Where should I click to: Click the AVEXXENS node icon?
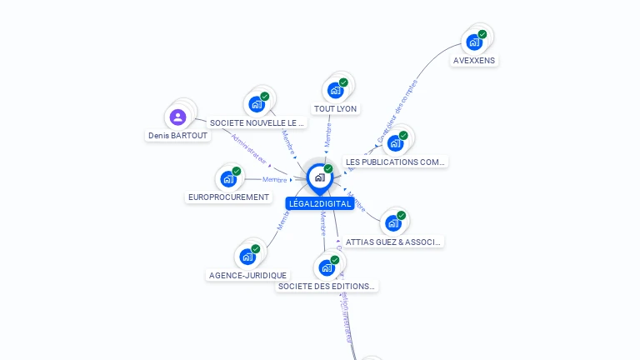(474, 42)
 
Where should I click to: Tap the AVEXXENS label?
(474, 61)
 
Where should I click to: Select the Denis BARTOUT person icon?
(177, 117)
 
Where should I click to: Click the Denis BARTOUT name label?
(178, 135)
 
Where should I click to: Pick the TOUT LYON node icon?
(336, 90)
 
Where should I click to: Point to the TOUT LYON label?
(336, 109)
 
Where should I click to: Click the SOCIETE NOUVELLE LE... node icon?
(257, 104)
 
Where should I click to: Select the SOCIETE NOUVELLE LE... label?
(257, 122)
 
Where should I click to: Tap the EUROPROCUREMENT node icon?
(228, 178)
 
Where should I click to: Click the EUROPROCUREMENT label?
(229, 197)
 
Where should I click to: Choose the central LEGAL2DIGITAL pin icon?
(319, 177)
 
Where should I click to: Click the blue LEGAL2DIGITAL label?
(319, 204)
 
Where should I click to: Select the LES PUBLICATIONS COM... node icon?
(395, 142)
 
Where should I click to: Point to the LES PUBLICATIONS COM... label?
(396, 162)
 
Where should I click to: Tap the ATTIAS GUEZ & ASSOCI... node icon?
(393, 222)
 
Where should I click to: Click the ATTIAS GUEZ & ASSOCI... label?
(393, 242)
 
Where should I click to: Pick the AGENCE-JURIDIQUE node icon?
(247, 257)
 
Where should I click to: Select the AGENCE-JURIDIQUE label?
(247, 275)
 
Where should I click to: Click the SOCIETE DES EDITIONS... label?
(327, 286)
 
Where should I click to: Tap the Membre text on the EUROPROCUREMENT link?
(275, 179)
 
